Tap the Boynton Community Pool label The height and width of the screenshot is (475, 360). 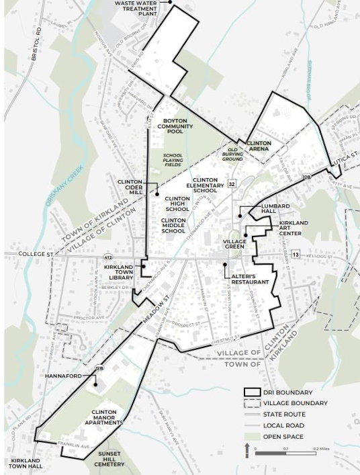pos(175,126)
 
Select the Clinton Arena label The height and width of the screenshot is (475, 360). pos(259,146)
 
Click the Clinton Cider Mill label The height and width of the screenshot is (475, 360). pos(130,186)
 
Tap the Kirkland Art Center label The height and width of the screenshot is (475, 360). pos(294,227)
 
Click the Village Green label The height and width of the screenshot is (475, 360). pos(235,244)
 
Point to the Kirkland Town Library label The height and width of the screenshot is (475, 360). pos(118,271)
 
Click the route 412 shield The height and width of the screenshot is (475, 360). pos(107,257)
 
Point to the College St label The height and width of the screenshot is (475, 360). pos(39,255)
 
